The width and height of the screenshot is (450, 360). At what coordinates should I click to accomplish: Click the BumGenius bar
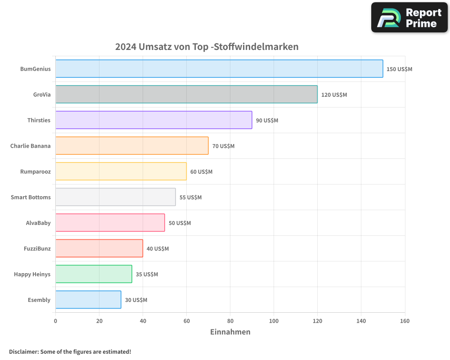(x=219, y=69)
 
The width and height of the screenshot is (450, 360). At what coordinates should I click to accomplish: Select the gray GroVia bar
(x=186, y=94)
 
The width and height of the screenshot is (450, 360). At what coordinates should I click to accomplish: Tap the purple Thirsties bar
(x=153, y=120)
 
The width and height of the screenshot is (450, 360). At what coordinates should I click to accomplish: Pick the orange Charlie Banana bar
(x=132, y=146)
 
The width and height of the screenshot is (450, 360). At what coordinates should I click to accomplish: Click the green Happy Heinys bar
(x=94, y=274)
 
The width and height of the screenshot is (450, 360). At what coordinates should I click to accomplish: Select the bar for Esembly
(x=88, y=300)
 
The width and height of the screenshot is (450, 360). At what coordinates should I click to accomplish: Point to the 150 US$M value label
(x=399, y=69)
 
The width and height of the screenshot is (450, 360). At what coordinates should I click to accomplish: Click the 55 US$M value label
(x=190, y=198)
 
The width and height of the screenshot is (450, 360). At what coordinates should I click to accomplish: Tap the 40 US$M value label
(x=157, y=249)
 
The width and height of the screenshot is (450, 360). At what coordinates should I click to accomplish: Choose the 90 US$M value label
(x=267, y=121)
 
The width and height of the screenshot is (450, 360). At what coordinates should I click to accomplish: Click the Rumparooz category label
(x=35, y=171)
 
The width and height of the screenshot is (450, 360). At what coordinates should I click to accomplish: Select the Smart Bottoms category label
(x=31, y=197)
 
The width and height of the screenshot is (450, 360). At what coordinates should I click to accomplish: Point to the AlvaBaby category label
(x=38, y=223)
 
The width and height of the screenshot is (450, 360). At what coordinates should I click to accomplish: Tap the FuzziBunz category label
(x=37, y=248)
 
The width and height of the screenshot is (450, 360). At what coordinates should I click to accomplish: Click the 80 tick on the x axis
(x=230, y=321)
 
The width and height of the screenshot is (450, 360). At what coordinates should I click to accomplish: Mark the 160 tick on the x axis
(x=405, y=321)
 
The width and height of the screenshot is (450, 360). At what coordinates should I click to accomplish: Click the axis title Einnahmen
(x=230, y=332)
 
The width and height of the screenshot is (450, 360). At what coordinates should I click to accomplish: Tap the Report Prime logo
(x=409, y=18)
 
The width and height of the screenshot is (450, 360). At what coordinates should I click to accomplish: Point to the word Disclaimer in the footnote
(x=23, y=351)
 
